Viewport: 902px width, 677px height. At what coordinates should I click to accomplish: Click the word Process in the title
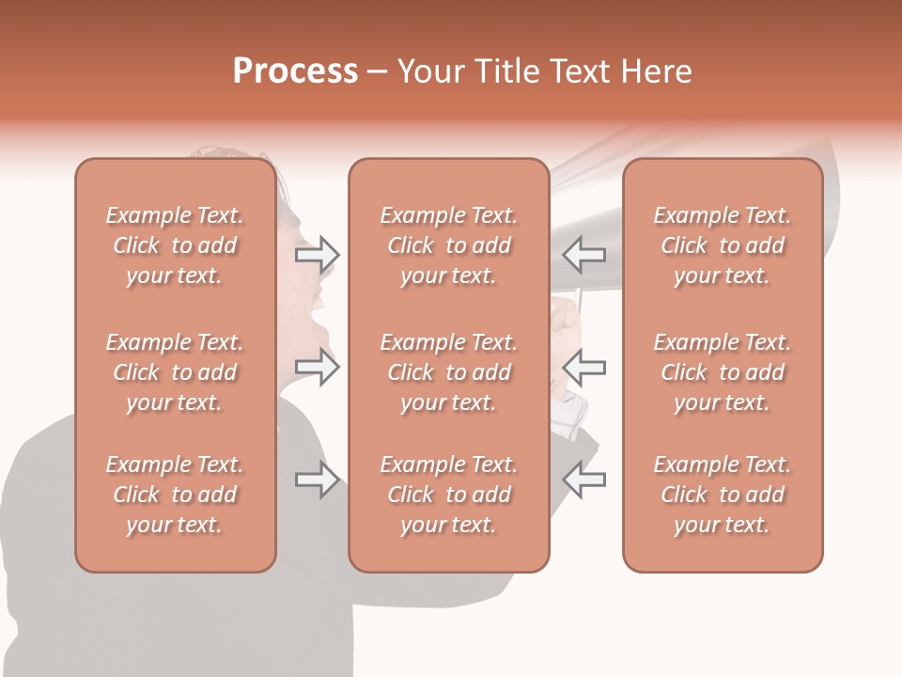[295, 71]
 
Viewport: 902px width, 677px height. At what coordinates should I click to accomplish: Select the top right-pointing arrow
[317, 254]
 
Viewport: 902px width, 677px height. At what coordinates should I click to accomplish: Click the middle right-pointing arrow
[317, 368]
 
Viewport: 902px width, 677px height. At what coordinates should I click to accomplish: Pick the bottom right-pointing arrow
[317, 480]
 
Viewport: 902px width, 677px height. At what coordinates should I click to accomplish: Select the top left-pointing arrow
[584, 254]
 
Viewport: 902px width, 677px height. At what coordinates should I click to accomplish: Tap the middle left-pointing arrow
[584, 368]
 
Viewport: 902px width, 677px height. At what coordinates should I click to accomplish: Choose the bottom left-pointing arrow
[584, 480]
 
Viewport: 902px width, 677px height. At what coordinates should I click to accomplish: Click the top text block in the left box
[175, 245]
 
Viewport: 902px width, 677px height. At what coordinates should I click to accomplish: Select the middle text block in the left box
[175, 372]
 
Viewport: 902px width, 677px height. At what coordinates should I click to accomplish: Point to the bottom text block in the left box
[175, 495]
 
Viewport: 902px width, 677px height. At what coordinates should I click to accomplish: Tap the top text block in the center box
[448, 245]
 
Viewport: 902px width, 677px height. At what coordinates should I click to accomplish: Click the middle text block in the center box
[448, 372]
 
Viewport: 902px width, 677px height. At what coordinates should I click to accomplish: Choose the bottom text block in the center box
[448, 495]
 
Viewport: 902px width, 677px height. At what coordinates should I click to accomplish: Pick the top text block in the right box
[722, 245]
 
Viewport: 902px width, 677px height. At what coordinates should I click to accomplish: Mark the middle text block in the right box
[722, 372]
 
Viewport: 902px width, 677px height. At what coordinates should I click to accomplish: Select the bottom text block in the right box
[722, 495]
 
